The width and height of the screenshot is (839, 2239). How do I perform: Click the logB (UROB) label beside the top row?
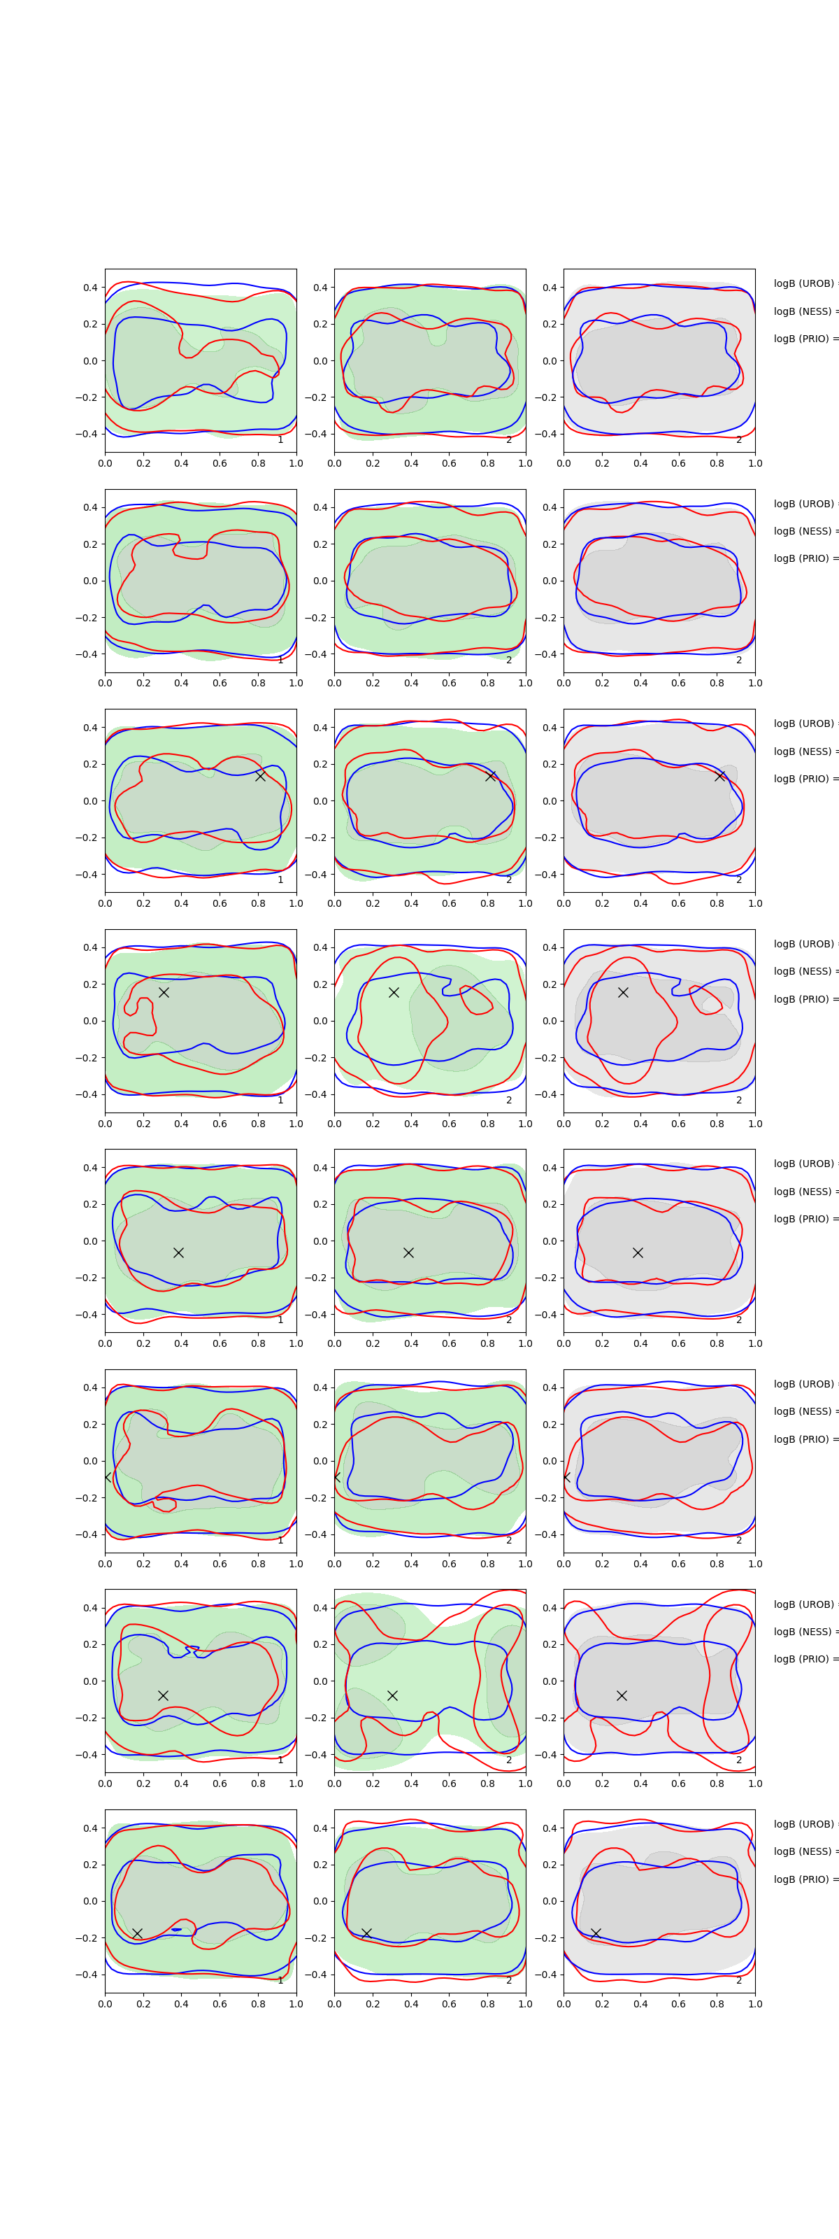[x=804, y=283]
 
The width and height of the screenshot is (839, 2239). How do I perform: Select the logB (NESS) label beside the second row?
[x=804, y=531]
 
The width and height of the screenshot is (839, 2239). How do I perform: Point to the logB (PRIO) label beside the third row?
[x=804, y=779]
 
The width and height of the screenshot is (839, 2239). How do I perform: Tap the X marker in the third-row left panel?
[x=259, y=776]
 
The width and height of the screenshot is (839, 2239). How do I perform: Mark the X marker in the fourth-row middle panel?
[x=394, y=993]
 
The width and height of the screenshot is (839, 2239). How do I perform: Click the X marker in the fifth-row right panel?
[x=638, y=1252]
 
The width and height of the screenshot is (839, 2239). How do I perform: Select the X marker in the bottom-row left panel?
[x=137, y=1933]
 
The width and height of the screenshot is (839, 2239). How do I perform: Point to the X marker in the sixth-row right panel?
[x=566, y=1477]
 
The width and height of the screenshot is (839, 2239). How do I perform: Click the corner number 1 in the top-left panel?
[x=280, y=440]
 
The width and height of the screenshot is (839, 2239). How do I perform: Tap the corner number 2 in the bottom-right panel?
[x=739, y=1981]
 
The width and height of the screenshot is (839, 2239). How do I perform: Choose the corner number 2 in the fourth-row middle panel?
[x=509, y=1101]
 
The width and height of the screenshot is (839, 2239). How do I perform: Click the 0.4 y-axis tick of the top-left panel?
[x=90, y=288]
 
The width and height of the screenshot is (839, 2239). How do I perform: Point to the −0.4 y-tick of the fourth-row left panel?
[x=87, y=1094]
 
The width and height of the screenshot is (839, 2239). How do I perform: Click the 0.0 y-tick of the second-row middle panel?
[x=320, y=581]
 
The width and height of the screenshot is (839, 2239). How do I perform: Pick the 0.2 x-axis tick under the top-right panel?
[x=602, y=463]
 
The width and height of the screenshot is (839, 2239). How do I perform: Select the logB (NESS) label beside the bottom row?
[x=804, y=1851]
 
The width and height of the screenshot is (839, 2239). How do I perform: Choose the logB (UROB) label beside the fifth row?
[x=804, y=1164]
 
